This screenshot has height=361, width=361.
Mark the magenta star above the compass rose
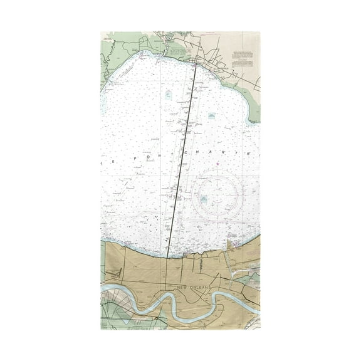click(x=217, y=169)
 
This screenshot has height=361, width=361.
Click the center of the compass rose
click(x=216, y=199)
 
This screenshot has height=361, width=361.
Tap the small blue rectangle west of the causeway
click(x=167, y=96)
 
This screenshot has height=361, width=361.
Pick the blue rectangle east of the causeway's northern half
click(x=212, y=117)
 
